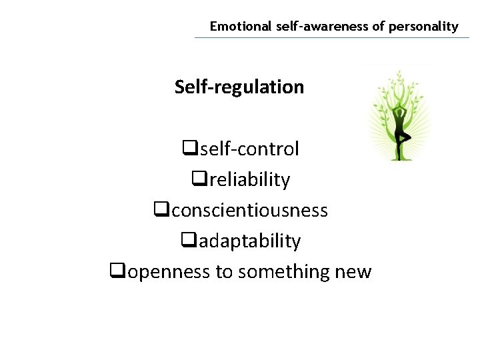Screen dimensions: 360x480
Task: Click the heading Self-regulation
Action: pyautogui.click(x=239, y=87)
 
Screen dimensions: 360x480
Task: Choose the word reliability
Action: pyautogui.click(x=247, y=179)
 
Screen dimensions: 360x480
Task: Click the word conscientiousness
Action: pyautogui.click(x=247, y=210)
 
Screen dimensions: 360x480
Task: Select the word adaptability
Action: pyautogui.click(x=247, y=241)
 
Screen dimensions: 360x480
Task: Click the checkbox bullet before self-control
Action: pyautogui.click(x=187, y=148)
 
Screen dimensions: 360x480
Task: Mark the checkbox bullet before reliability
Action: pyautogui.click(x=197, y=179)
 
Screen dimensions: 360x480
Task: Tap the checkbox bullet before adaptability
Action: pyautogui.click(x=187, y=240)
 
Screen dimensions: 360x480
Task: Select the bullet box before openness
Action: pyautogui.click(x=116, y=271)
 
